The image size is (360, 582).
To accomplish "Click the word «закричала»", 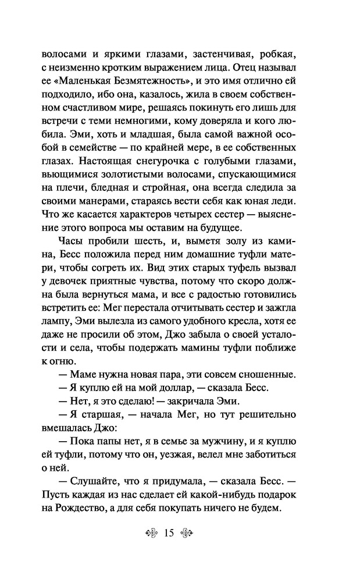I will [184, 402].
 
